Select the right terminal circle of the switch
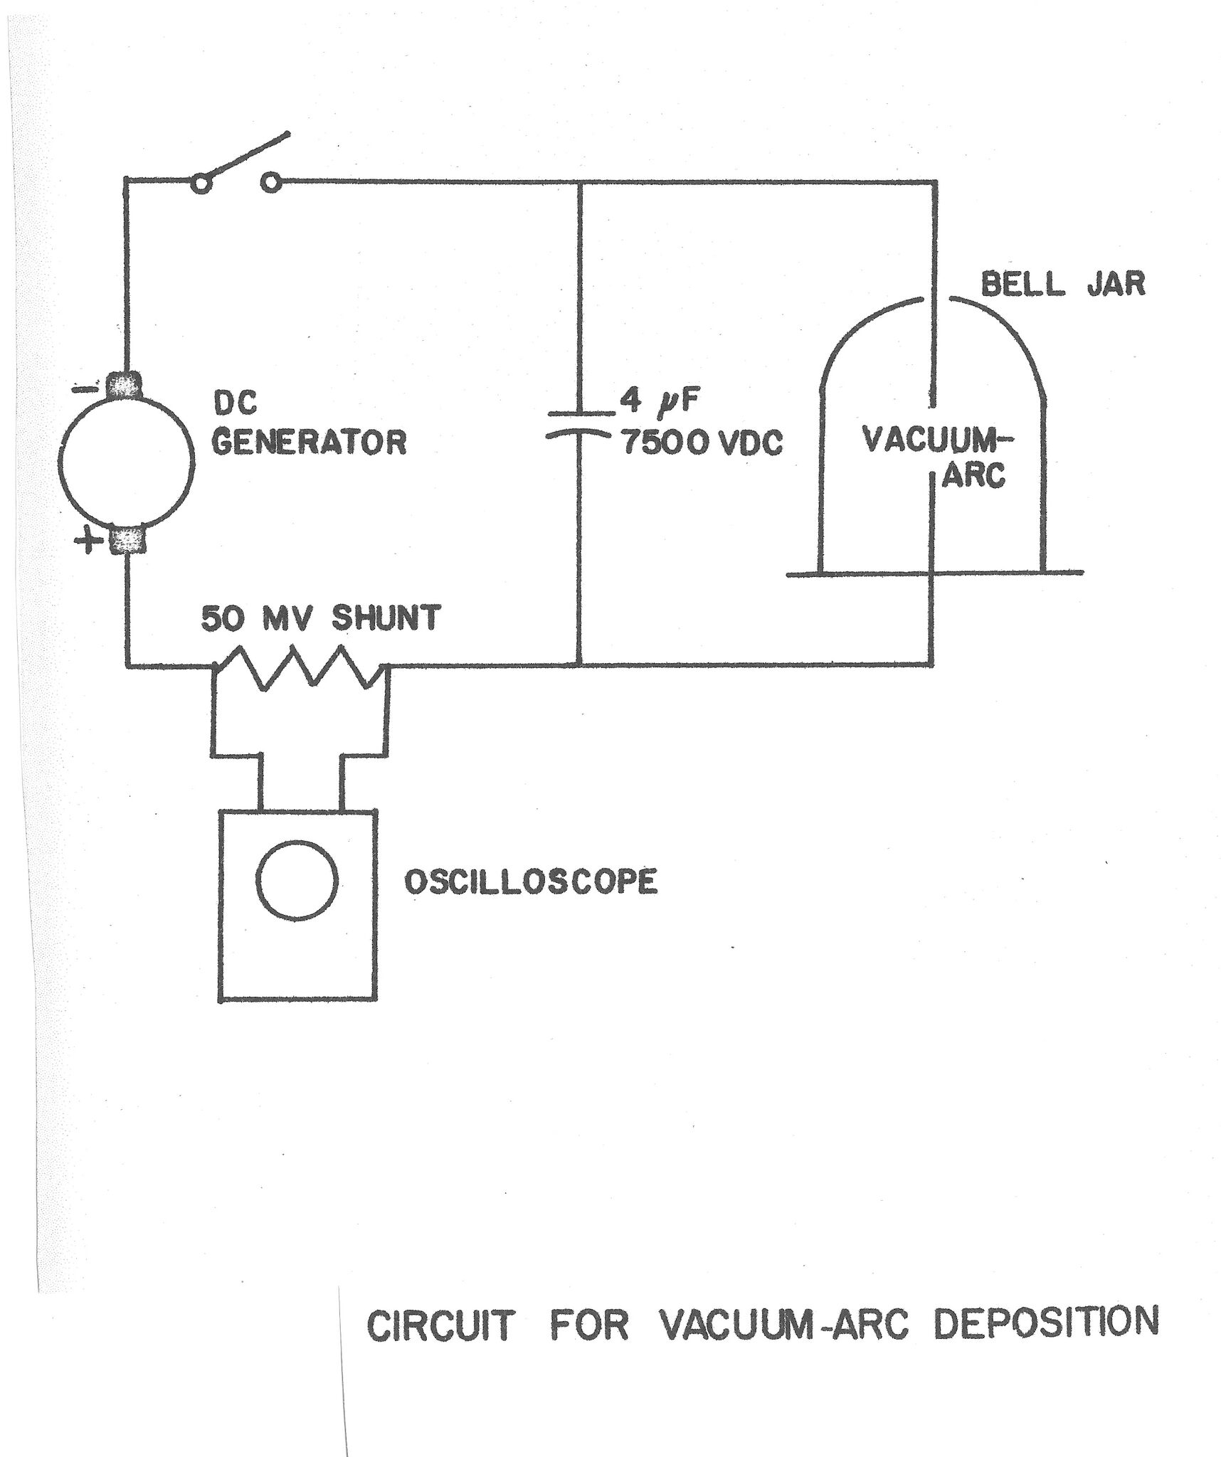(x=270, y=184)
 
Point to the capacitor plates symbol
(x=579, y=424)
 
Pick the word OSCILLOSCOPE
(x=531, y=882)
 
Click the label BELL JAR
(x=1063, y=285)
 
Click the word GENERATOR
(x=310, y=443)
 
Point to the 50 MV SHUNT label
(x=320, y=619)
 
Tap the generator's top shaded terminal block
(x=125, y=386)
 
